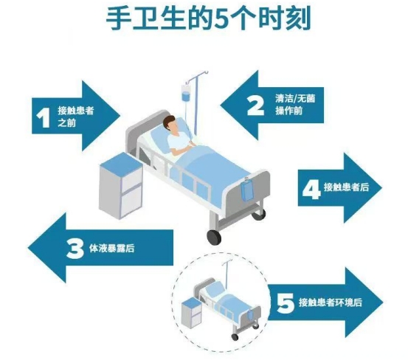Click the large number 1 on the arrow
(43, 118)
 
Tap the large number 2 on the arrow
(255, 105)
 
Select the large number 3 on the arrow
(75, 249)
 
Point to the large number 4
(311, 190)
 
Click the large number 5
(285, 303)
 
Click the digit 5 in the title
(221, 19)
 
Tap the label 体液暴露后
(112, 248)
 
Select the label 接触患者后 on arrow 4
(346, 187)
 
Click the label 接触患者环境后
(331, 302)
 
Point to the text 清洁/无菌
(295, 98)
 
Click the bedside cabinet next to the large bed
(121, 185)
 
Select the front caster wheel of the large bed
(214, 238)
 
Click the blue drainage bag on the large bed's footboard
(247, 191)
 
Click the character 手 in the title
(119, 18)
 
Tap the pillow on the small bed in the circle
(215, 289)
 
